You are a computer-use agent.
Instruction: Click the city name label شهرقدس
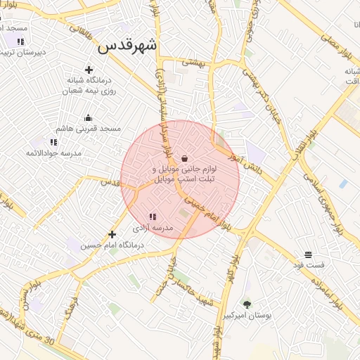click(127, 46)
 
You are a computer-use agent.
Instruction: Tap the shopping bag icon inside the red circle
click(184, 158)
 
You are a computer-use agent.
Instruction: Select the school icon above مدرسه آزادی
click(153, 217)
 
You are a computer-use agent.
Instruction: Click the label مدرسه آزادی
click(153, 229)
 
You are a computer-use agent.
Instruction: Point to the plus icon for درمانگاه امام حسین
click(112, 234)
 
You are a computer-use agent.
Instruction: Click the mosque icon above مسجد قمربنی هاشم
click(88, 117)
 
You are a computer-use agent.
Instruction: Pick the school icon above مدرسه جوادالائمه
click(53, 142)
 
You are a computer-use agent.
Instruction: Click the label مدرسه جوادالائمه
click(54, 153)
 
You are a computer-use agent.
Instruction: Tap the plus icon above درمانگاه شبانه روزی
click(89, 70)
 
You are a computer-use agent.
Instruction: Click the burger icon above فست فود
click(309, 254)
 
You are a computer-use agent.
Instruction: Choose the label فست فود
click(309, 265)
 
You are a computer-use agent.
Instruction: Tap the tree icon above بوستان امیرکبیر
click(247, 304)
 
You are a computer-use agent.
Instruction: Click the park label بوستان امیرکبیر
click(247, 316)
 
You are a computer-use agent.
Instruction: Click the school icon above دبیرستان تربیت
click(20, 41)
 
